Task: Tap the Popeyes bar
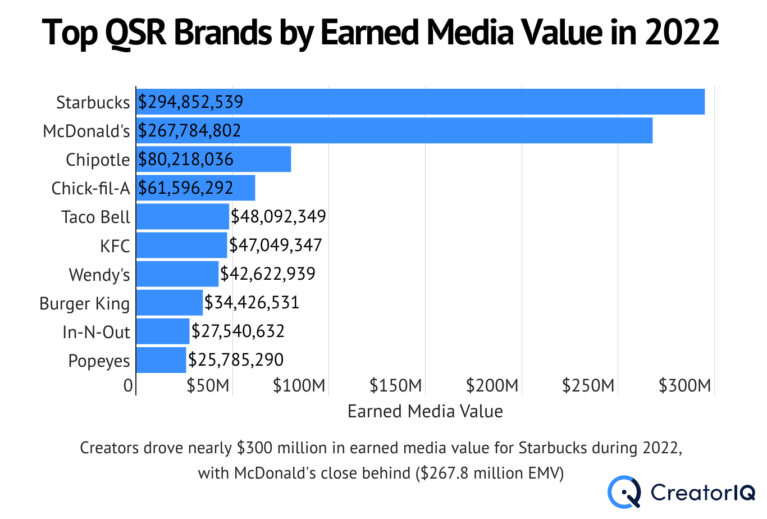(161, 360)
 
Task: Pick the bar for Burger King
(169, 303)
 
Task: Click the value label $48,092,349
(279, 216)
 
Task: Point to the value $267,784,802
(190, 130)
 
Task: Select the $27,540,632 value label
(238, 331)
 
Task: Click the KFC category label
(115, 246)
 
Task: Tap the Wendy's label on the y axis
(99, 275)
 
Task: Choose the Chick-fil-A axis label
(90, 188)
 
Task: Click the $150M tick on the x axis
(395, 385)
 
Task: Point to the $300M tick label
(684, 385)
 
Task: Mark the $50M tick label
(208, 385)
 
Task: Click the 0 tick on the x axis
(128, 385)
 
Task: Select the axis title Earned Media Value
(425, 411)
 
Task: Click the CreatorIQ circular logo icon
(624, 492)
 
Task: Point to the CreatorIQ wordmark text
(703, 493)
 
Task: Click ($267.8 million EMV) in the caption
(490, 473)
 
